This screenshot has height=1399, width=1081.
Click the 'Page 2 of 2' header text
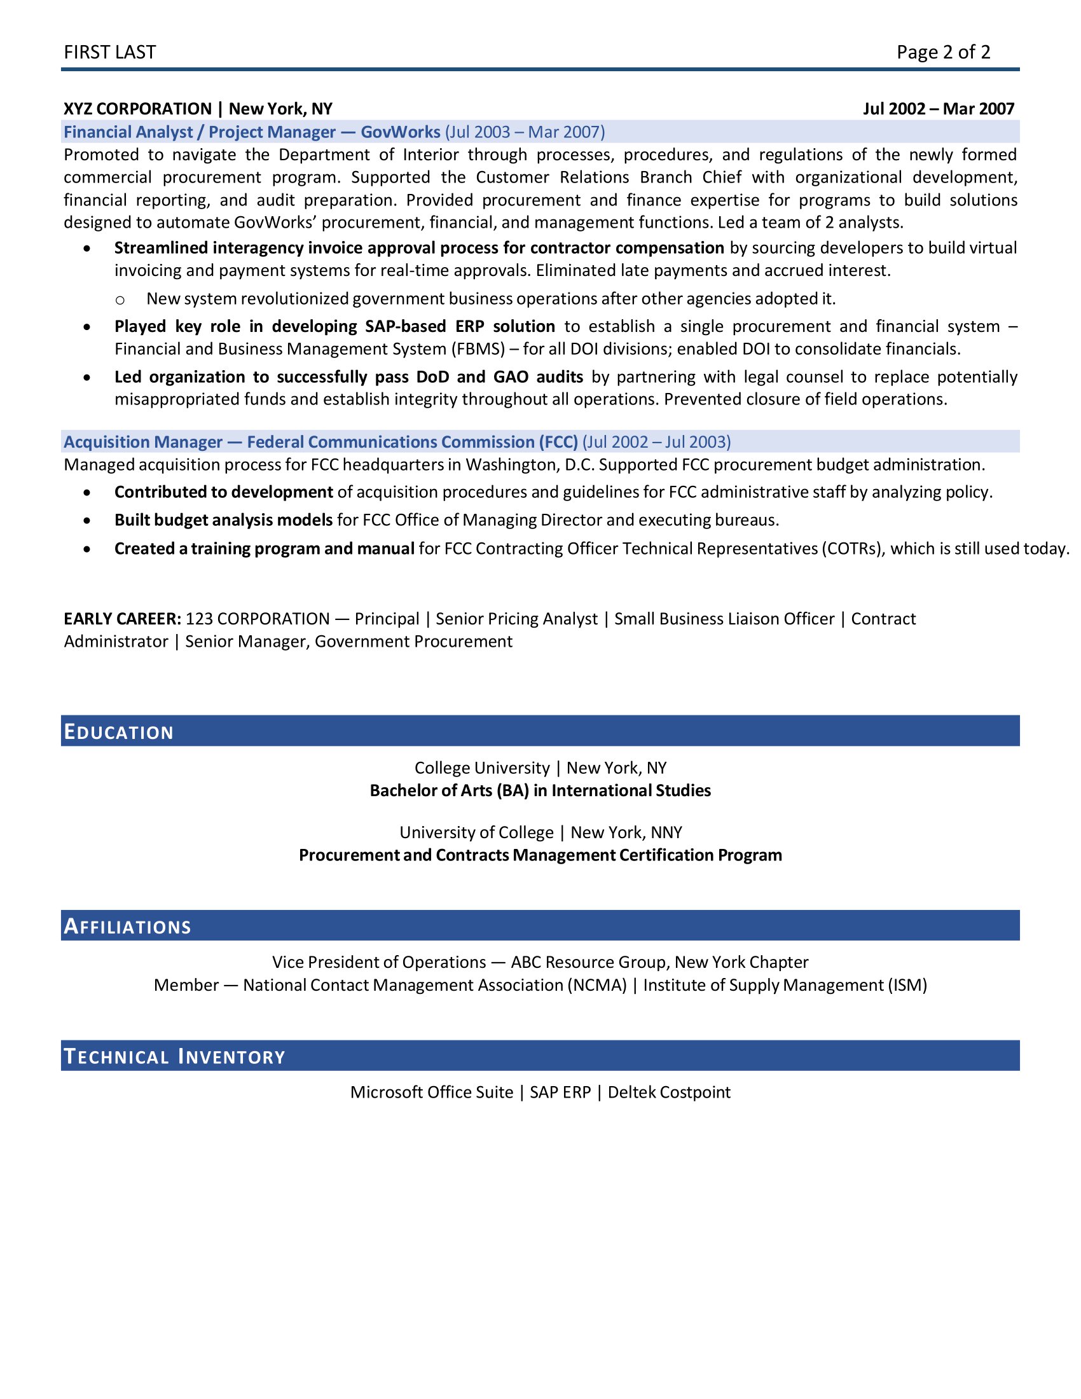point(942,52)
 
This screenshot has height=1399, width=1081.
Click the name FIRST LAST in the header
point(109,52)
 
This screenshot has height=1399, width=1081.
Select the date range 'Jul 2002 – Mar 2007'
point(938,109)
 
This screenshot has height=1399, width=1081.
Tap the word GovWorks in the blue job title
point(400,132)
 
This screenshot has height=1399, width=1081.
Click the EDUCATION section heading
point(119,731)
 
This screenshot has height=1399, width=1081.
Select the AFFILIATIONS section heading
point(127,927)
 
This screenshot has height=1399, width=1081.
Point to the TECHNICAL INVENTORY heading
point(174,1056)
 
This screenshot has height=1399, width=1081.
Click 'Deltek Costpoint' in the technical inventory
point(668,1092)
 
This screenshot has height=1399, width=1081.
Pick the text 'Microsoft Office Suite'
point(432,1092)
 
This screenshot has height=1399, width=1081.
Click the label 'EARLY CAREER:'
point(122,619)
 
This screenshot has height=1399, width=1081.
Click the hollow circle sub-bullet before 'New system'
point(120,300)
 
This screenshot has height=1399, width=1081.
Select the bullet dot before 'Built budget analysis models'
point(87,521)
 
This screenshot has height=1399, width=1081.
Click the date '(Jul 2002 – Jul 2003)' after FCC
point(656,442)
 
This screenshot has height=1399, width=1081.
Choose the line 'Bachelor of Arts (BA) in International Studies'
point(540,791)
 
